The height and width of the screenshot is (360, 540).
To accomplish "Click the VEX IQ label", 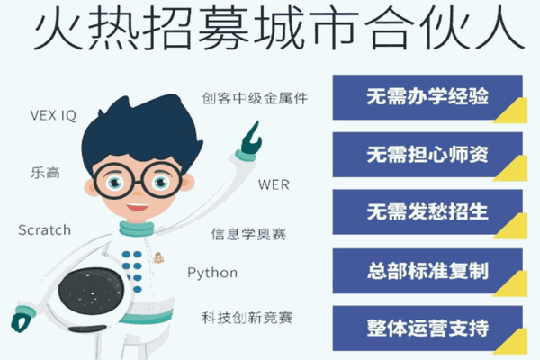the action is click(53, 115).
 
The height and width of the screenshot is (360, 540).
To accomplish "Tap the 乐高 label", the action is click(46, 173).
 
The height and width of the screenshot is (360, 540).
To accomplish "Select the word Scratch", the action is click(44, 230).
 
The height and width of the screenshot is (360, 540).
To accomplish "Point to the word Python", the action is click(212, 273).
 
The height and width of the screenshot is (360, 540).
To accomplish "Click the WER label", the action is click(274, 185).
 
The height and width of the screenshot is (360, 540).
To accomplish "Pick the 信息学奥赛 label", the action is click(248, 234).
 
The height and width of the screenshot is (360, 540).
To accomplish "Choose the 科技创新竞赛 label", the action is click(247, 318).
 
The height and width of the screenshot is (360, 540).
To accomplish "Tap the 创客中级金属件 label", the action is click(255, 98).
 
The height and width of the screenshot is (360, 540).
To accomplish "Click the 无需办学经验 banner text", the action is click(427, 96).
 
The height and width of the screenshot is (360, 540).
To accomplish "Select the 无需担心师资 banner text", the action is click(427, 154).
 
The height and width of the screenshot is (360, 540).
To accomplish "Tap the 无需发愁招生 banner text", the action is click(427, 211).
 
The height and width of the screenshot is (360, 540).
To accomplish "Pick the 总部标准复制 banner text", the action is click(427, 271).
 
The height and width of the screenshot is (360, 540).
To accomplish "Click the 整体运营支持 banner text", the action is click(427, 328).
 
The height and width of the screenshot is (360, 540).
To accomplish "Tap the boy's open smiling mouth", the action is click(137, 207).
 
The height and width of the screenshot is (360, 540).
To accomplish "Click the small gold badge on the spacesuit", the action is click(158, 257).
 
